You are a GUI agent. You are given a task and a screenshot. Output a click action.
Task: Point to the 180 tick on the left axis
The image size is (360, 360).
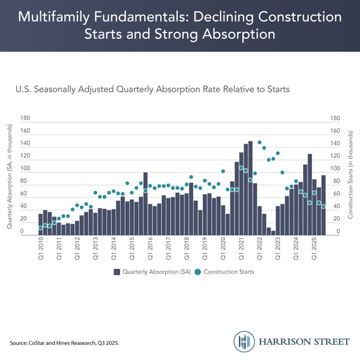[x=25, y=118]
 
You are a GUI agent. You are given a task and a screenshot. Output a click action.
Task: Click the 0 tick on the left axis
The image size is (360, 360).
[x=23, y=232]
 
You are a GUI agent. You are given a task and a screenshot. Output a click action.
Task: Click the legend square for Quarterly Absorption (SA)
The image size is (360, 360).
[x=118, y=272]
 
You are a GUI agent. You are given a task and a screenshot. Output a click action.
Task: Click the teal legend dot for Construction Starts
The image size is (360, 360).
[x=199, y=272]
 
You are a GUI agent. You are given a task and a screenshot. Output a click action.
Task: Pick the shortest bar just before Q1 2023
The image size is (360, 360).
[x=273, y=232]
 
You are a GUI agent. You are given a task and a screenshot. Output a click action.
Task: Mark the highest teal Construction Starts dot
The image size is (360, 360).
[x=259, y=143]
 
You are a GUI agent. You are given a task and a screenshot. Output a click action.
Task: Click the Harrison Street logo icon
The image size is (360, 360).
[x=244, y=341]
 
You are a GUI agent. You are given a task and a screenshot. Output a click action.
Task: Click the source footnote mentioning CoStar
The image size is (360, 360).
[x=65, y=343]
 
